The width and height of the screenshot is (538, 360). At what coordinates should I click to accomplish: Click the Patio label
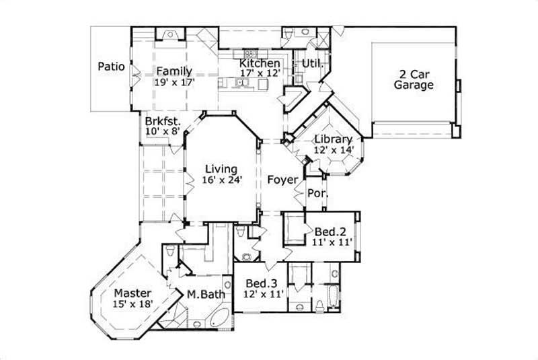pyautogui.click(x=111, y=67)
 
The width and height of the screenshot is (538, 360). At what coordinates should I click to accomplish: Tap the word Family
pyautogui.click(x=174, y=71)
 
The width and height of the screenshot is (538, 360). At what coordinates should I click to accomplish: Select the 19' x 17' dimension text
pyautogui.click(x=174, y=82)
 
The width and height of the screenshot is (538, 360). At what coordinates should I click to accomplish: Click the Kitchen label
pyautogui.click(x=260, y=63)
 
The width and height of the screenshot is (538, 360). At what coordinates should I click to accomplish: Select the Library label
pyautogui.click(x=334, y=139)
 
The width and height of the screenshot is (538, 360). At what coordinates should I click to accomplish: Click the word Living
pyautogui.click(x=221, y=169)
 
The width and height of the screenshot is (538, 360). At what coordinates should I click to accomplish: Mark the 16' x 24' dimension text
pyautogui.click(x=221, y=180)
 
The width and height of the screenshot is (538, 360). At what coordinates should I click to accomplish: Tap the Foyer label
pyautogui.click(x=280, y=180)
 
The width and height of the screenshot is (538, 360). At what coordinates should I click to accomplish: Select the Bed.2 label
pyautogui.click(x=330, y=231)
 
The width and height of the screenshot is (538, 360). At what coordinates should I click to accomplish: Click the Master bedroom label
pyautogui.click(x=132, y=293)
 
